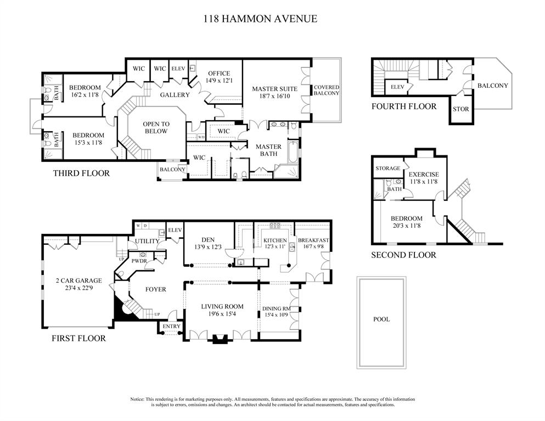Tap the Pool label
point(381,319)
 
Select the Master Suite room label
point(274,89)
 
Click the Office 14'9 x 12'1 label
point(218,77)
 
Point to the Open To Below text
point(156,128)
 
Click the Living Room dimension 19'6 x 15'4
point(222,315)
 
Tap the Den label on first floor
point(207,239)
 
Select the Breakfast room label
point(313,240)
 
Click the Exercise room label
point(423,175)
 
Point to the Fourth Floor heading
point(404,106)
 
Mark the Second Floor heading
point(403,255)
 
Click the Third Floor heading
point(81,173)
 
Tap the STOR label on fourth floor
point(460,109)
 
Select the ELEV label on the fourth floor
point(397,87)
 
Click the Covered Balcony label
point(326,91)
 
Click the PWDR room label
point(139,261)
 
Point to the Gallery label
point(175,95)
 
